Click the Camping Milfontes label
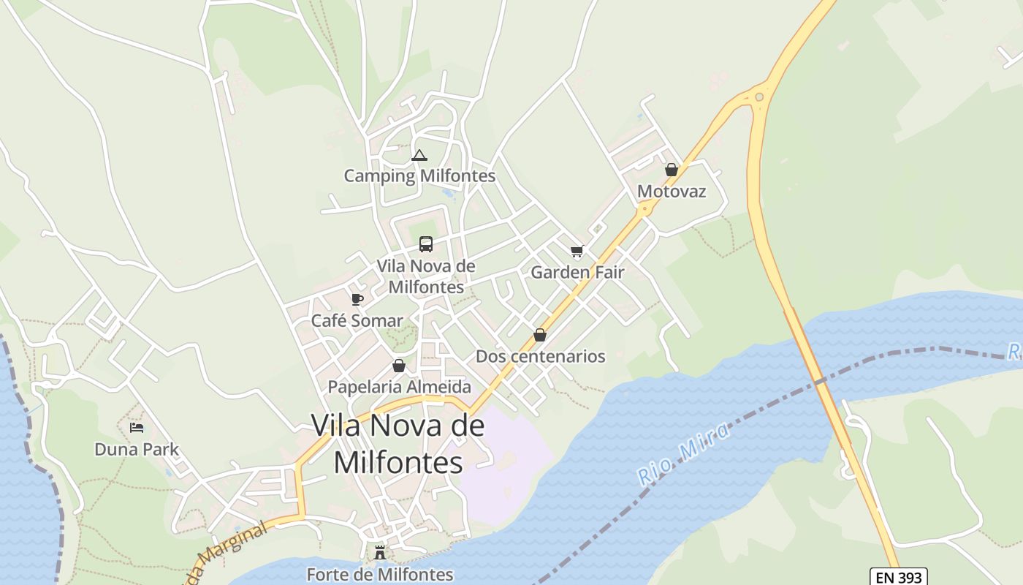tap(419, 175)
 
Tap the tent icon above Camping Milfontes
tap(419, 155)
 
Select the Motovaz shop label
tap(672, 191)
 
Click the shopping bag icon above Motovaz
tap(672, 170)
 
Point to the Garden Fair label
tap(577, 272)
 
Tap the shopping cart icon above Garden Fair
tap(577, 252)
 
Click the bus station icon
tap(425, 244)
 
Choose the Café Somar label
tap(357, 320)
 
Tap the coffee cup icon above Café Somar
tap(357, 299)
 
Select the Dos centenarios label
tap(540, 356)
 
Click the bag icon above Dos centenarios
tap(540, 335)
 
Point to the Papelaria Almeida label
tap(399, 387)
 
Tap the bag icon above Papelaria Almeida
tap(399, 366)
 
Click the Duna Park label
tap(137, 449)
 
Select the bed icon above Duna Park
tap(137, 428)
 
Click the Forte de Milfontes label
tap(380, 574)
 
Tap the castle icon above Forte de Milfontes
tap(379, 553)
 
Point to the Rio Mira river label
tap(685, 453)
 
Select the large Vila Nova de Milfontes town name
tap(398, 443)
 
